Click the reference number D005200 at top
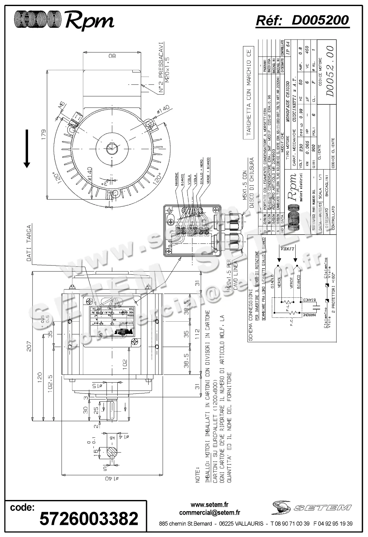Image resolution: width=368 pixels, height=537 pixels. (320, 20)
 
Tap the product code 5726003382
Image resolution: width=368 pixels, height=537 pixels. (89, 518)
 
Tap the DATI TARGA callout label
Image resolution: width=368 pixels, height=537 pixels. (29, 243)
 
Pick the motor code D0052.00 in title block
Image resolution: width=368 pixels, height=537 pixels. (330, 71)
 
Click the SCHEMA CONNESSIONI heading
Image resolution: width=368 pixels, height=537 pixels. (251, 315)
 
